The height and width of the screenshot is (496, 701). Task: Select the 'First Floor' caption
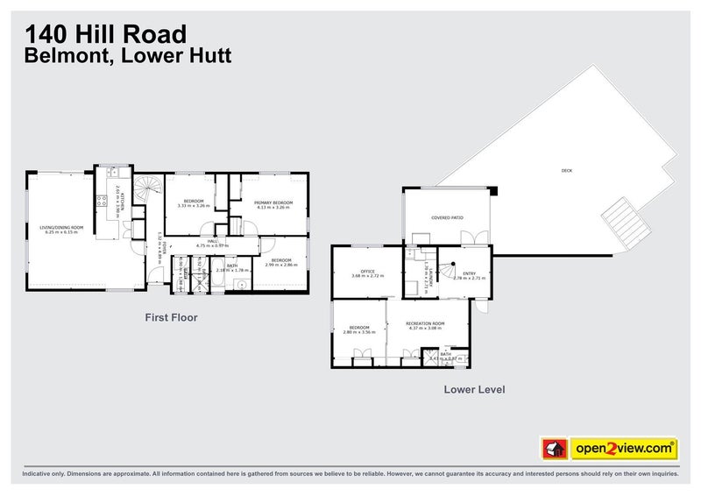click(170, 318)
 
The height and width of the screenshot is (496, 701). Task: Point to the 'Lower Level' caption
click(474, 389)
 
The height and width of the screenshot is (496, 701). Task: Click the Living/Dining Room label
click(66, 228)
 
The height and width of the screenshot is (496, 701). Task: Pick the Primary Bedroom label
click(273, 202)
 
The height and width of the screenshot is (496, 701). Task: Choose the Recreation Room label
click(426, 323)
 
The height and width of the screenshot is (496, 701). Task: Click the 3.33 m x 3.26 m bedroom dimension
click(194, 206)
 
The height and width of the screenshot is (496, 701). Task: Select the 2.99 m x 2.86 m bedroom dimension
click(281, 264)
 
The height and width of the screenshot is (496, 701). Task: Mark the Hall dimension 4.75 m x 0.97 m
click(212, 246)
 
